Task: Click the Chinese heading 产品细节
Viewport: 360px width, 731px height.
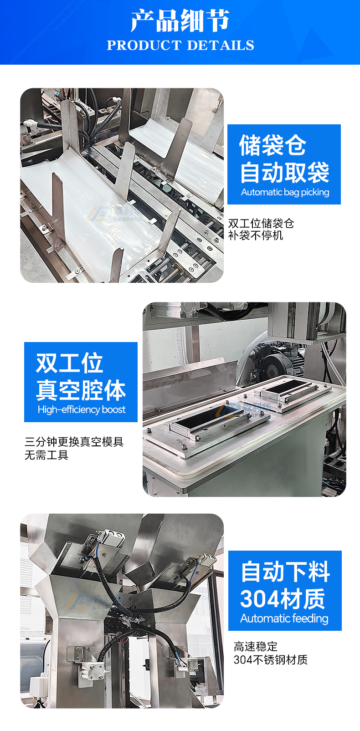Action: [180, 21]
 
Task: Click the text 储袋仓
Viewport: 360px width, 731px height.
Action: [273, 145]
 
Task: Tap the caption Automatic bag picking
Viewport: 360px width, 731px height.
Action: [285, 192]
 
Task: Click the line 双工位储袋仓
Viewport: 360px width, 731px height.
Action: [261, 224]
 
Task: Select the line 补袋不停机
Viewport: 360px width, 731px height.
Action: [256, 235]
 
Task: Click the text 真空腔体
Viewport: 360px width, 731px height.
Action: [81, 390]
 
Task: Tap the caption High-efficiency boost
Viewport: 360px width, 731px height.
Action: [82, 409]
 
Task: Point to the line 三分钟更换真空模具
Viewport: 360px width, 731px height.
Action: [74, 442]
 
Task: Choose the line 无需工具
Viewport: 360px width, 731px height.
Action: [46, 455]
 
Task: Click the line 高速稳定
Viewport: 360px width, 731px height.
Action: [256, 646]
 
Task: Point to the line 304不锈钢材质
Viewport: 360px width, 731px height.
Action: [271, 659]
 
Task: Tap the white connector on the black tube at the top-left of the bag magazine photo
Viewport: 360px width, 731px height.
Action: [29, 124]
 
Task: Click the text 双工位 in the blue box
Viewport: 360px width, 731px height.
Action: [70, 363]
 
